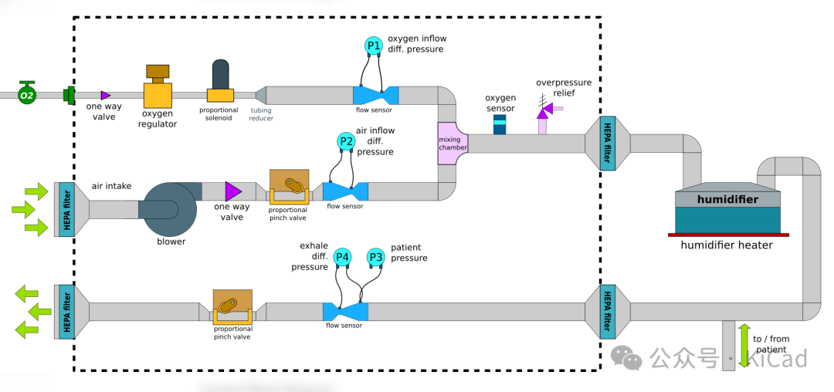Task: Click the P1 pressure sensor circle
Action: (x=374, y=46)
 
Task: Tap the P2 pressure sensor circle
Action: (x=347, y=141)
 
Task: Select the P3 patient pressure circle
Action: (x=375, y=257)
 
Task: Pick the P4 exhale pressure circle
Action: (x=342, y=257)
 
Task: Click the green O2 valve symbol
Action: (x=28, y=94)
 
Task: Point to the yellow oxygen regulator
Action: (x=158, y=90)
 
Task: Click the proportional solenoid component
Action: (x=220, y=83)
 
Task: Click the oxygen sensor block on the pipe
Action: (x=500, y=123)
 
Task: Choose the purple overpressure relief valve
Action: (x=543, y=113)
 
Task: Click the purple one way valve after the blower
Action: (x=232, y=191)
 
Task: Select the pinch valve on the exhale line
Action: (x=232, y=309)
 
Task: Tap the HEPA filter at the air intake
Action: (x=67, y=209)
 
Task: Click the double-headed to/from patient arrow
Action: (x=744, y=345)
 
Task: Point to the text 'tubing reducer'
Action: (x=260, y=114)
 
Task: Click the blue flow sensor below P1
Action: (x=376, y=94)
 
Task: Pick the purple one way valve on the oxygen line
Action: (x=105, y=95)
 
